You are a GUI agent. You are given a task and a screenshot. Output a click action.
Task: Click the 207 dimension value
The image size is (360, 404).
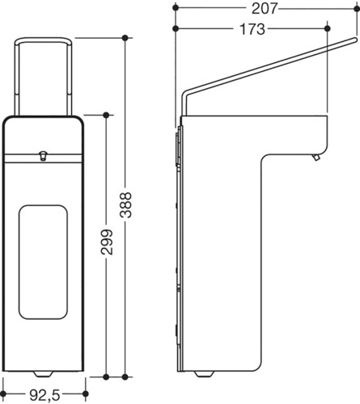(265, 9)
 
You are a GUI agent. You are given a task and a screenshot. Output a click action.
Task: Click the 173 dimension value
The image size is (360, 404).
(252, 29)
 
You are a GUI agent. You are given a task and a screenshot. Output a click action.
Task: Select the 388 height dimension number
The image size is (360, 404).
(125, 205)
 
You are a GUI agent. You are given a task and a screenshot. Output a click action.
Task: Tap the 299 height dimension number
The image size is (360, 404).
(107, 242)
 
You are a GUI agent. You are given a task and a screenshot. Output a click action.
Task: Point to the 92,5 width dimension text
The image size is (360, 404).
(44, 395)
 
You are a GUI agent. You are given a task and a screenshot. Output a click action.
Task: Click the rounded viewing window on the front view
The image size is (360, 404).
(43, 262)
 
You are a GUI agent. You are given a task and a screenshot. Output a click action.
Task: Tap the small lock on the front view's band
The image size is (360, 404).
(43, 156)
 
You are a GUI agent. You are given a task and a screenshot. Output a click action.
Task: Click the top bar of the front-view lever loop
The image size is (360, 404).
(43, 40)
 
